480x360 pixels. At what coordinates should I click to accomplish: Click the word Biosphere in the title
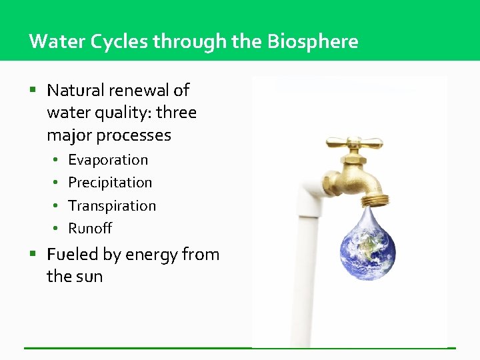(313, 41)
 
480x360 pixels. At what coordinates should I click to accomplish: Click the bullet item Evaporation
(108, 160)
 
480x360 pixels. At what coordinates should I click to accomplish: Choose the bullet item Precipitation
(110, 183)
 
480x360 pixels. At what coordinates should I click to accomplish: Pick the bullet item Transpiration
(112, 206)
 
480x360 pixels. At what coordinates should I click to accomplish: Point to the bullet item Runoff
(90, 229)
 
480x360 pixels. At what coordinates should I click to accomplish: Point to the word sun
(89, 277)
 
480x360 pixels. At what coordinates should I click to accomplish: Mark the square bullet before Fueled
(33, 254)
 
